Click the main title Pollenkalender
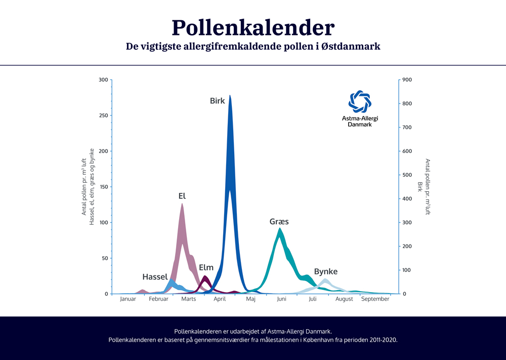pos(252,27)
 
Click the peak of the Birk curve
pos(230,96)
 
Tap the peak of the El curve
pos(182,205)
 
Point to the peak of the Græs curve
pos(279,229)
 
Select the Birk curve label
pos(217,101)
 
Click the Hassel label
pos(155,277)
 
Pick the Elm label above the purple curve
pos(206,267)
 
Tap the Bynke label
pos(325,271)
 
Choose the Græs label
pos(279,222)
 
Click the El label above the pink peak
pos(182,195)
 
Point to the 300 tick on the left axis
pos(103,80)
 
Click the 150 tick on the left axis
pos(103,187)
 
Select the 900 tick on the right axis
pos(407,80)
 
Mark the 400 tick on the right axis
pos(407,199)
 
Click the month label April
pos(220,299)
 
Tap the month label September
pos(375,299)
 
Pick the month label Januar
pos(128,299)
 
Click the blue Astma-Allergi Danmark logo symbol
pos(360,102)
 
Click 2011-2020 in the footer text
pos(378,340)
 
